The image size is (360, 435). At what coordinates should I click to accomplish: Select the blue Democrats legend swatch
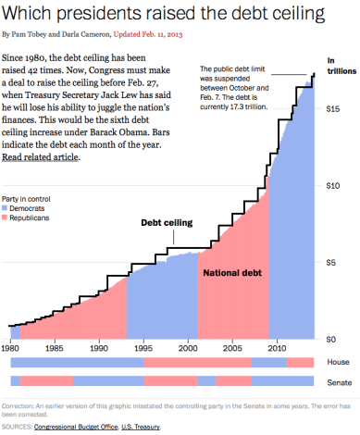6,209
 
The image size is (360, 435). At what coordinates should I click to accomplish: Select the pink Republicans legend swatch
6,218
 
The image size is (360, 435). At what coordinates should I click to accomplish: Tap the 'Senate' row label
339,381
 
